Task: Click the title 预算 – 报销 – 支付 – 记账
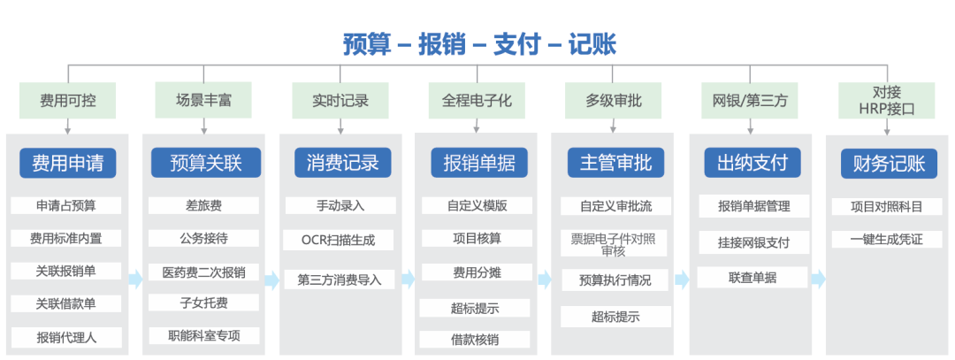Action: click(x=479, y=43)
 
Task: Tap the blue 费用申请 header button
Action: click(x=67, y=163)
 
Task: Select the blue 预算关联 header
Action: click(x=204, y=163)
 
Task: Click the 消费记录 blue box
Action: click(x=341, y=163)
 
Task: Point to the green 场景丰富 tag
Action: click(x=203, y=100)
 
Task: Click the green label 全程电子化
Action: click(x=477, y=100)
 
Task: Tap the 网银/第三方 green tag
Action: click(x=750, y=100)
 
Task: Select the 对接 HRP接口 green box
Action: click(x=886, y=100)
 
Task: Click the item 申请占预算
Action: click(x=66, y=205)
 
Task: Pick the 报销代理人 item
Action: click(x=66, y=337)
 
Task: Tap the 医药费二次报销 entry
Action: click(x=203, y=272)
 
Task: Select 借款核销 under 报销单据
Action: click(x=476, y=339)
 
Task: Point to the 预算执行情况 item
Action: click(x=615, y=280)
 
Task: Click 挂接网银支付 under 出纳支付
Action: click(x=753, y=241)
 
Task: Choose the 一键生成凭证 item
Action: click(x=886, y=240)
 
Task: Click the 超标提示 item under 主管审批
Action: click(x=615, y=316)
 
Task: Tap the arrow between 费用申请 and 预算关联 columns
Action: click(x=135, y=280)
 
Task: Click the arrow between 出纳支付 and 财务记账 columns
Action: click(x=818, y=280)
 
